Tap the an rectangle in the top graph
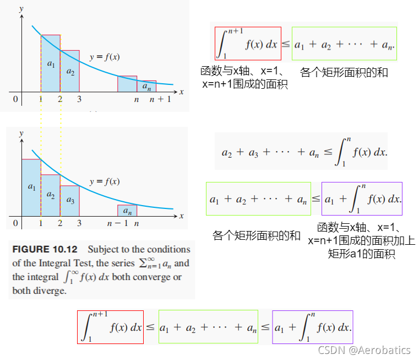[x=146, y=86]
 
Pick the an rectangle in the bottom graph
[x=127, y=210]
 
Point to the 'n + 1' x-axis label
[x=160, y=100]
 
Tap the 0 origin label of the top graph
[x=16, y=100]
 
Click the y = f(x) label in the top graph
[x=105, y=57]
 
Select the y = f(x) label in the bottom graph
[x=105, y=181]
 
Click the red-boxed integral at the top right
[x=248, y=44]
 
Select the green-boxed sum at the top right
[x=344, y=44]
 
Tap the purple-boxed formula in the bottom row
[x=312, y=327]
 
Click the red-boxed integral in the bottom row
[x=110, y=327]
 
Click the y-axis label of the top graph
[x=21, y=9]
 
